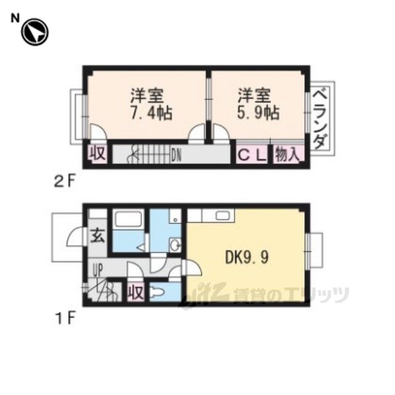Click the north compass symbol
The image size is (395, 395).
click(x=35, y=32)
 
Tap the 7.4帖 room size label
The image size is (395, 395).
click(x=151, y=113)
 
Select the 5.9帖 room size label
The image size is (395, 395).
click(x=258, y=113)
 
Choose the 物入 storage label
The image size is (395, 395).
click(x=288, y=154)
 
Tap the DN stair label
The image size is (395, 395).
click(x=177, y=156)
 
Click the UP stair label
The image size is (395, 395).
click(x=98, y=270)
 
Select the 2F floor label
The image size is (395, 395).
click(x=65, y=181)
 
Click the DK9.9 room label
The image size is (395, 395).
click(x=247, y=257)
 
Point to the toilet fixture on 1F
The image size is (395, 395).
click(x=157, y=293)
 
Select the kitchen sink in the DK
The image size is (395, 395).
click(x=223, y=215)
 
